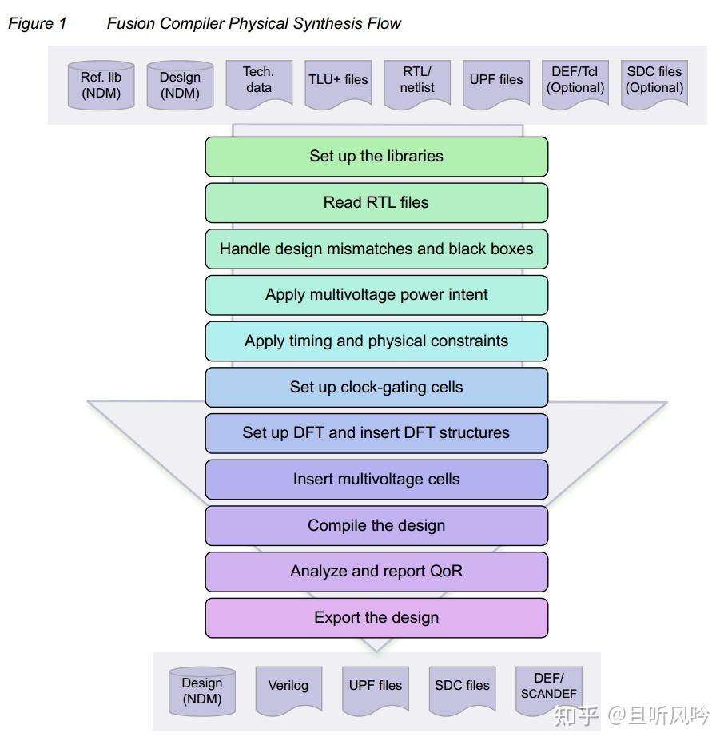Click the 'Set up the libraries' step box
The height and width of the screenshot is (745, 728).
click(376, 157)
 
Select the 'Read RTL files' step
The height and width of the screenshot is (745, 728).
click(376, 203)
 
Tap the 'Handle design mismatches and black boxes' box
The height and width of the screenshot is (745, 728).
click(376, 249)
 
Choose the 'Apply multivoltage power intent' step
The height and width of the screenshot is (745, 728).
click(376, 295)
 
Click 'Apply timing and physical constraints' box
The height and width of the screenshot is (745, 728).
click(376, 341)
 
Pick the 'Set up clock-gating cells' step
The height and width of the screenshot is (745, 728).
click(376, 388)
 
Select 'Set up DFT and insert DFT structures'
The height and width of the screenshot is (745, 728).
click(376, 433)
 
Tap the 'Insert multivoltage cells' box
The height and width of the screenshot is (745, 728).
click(376, 480)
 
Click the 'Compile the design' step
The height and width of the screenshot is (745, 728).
click(376, 526)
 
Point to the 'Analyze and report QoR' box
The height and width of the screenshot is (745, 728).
click(376, 572)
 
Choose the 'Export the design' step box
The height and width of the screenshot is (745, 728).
click(376, 618)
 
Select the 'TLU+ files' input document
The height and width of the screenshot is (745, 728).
click(338, 81)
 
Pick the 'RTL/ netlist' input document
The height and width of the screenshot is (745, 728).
click(417, 81)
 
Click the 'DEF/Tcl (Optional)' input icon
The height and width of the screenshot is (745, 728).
click(575, 81)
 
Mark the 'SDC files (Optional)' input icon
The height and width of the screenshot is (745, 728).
click(654, 81)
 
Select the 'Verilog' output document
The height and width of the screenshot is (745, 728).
click(288, 687)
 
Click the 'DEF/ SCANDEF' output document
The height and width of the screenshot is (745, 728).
click(549, 687)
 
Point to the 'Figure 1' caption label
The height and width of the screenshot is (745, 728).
click(38, 24)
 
